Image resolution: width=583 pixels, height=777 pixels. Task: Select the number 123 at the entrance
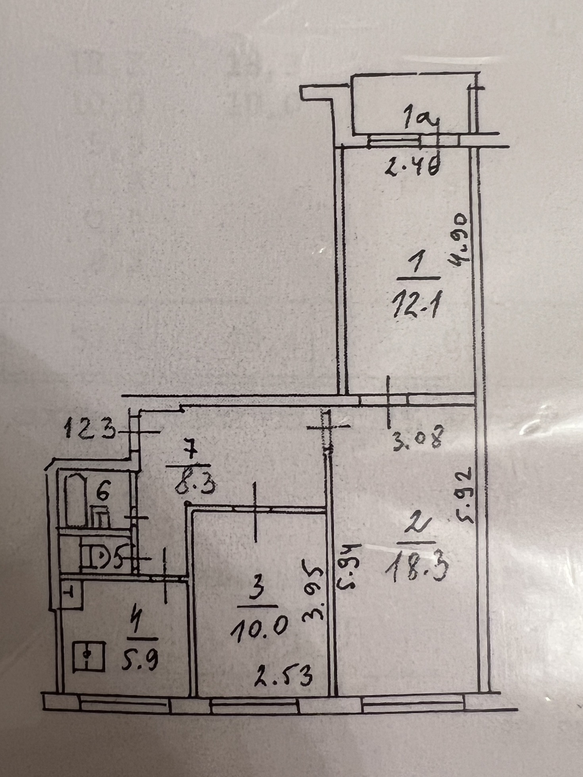(x=90, y=429)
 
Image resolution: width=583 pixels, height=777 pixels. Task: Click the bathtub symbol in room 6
(x=76, y=501)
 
